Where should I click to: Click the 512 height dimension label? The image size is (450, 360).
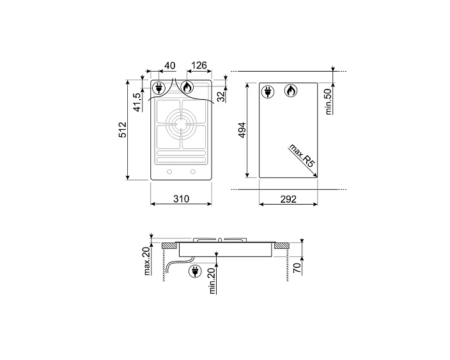coord(123,130)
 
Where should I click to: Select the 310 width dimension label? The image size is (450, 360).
coord(181,199)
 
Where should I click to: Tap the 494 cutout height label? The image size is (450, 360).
coord(242,130)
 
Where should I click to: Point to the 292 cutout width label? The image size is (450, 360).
coord(288,199)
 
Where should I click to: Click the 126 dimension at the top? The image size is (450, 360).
coord(199,65)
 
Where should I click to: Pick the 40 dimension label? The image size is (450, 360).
coord(169,65)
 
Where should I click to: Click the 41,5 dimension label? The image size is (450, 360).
coord(137,102)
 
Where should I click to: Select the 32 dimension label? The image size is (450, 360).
coord(221,97)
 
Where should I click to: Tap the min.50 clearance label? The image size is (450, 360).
coord(328,101)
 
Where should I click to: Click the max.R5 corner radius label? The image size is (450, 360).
coord(302,155)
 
